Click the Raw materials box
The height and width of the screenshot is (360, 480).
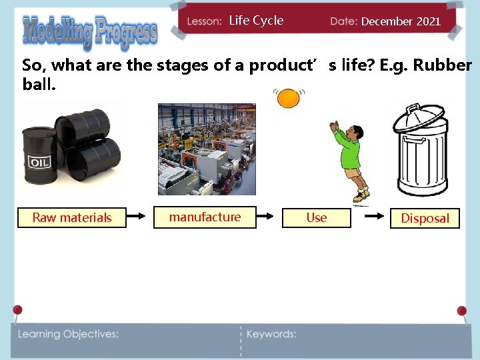coord(71,217)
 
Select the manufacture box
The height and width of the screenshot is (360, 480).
coord(205,217)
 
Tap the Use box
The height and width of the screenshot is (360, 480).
coord(316,217)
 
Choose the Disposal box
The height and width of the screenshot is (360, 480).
coord(425,218)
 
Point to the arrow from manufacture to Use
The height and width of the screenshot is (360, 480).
coord(265,216)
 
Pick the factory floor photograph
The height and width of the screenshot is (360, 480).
coord(207,149)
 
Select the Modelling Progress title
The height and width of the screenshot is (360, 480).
coord(90,31)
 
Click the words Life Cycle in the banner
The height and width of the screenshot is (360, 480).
coord(256,21)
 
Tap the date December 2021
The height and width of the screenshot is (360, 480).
coord(401,21)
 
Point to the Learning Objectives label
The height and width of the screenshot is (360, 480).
coord(68,334)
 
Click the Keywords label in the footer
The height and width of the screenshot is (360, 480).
coord(271,334)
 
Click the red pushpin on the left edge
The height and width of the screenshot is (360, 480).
coord(17,310)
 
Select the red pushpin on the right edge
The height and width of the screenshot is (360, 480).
coord(461,311)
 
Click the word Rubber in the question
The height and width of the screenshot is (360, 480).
coord(443,65)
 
